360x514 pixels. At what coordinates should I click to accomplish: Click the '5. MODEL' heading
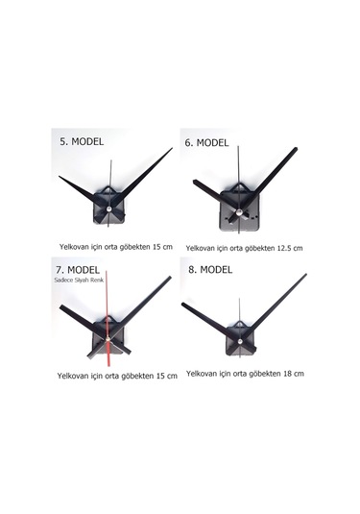click(82, 141)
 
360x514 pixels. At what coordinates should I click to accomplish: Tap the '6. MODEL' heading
click(206, 143)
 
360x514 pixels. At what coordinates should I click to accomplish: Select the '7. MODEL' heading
click(78, 270)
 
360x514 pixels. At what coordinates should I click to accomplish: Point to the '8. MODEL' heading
click(210, 269)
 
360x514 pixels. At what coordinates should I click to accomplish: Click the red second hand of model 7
click(108, 318)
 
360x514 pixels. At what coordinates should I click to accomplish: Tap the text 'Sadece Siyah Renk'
click(79, 280)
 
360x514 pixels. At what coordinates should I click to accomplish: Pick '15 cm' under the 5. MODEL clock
click(162, 247)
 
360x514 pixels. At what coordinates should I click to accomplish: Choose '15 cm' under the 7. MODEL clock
click(167, 376)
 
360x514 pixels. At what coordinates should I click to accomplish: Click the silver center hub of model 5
click(108, 208)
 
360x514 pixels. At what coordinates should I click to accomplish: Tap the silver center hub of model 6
click(239, 212)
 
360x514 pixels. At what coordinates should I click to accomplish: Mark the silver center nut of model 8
click(240, 341)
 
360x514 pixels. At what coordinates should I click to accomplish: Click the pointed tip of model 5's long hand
click(172, 148)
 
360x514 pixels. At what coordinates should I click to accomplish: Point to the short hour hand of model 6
click(215, 197)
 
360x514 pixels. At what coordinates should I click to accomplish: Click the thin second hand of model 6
click(239, 190)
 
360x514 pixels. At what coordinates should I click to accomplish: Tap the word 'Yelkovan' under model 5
click(74, 247)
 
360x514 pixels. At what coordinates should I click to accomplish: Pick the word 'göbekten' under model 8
click(265, 374)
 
